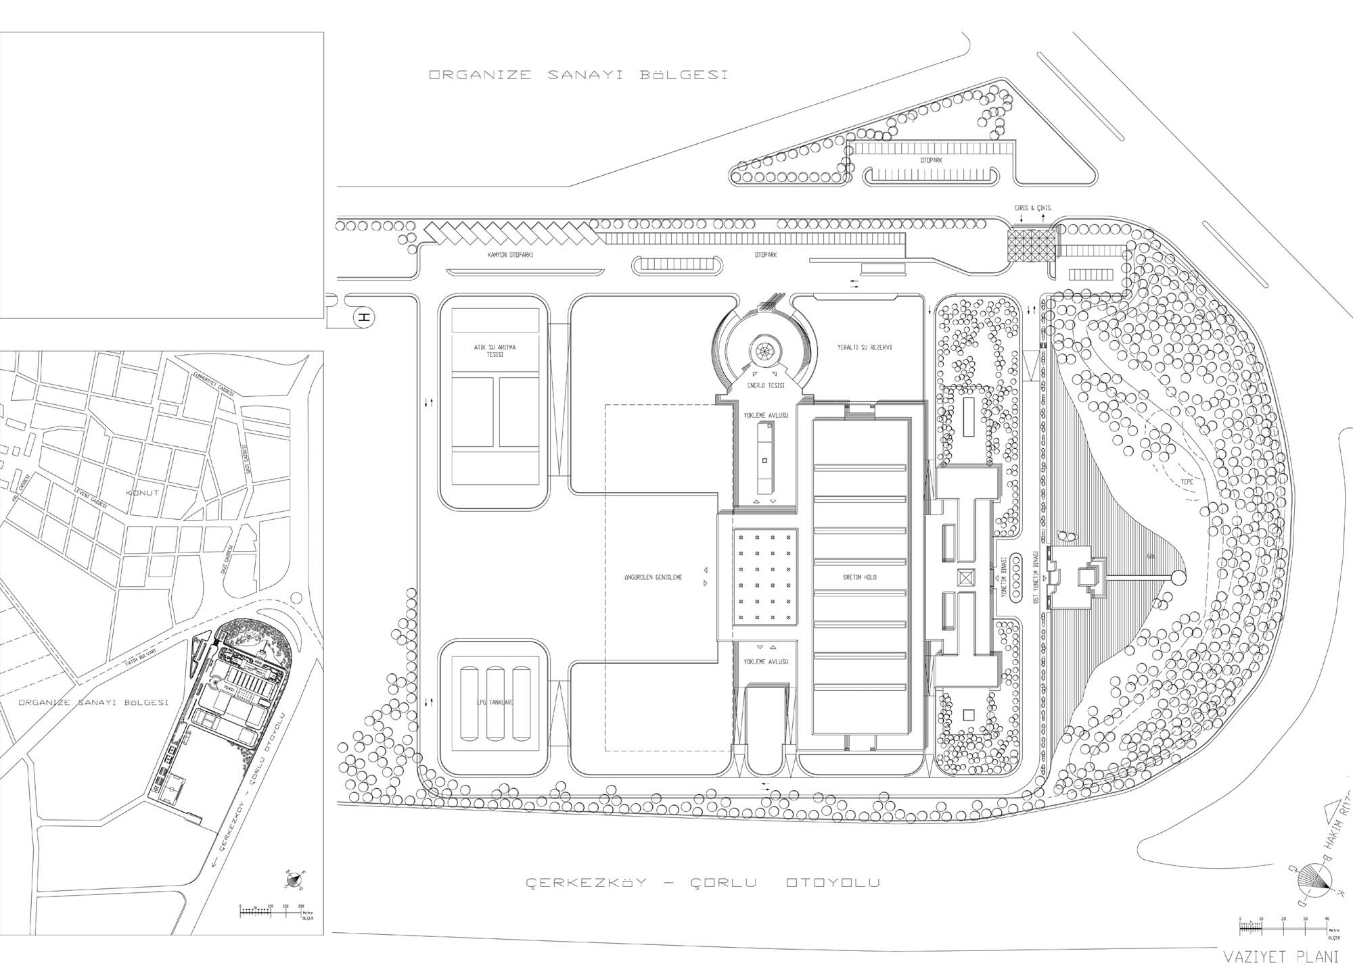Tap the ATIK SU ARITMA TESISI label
[x=495, y=351]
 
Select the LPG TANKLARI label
[x=495, y=703]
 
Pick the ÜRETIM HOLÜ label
[x=860, y=577]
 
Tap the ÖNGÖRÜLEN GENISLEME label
[x=653, y=577]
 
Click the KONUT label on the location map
[x=142, y=493]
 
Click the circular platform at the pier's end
[x=1178, y=578]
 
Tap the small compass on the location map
[x=294, y=879]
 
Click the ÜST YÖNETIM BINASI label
[x=1035, y=579]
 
